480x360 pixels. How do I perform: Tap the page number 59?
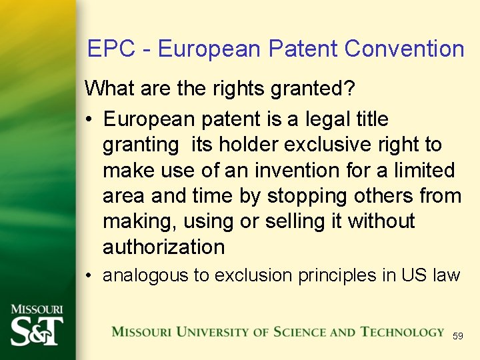(x=457, y=337)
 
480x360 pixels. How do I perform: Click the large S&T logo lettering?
(x=37, y=330)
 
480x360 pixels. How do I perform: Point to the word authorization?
(x=163, y=247)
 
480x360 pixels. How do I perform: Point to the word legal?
(x=324, y=119)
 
